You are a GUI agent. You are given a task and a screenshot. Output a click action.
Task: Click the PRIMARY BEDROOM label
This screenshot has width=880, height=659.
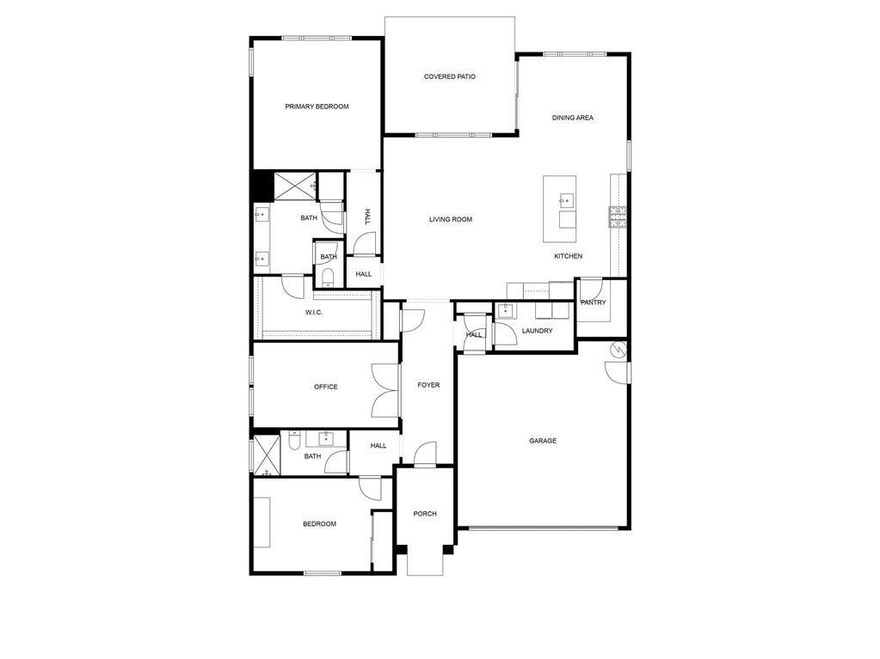317,107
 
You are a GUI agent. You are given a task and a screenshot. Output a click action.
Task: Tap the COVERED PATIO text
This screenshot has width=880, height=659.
450,76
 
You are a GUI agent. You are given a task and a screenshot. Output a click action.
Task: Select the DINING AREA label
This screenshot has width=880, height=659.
572,118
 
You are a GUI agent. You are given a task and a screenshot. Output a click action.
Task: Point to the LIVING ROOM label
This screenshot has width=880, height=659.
451,220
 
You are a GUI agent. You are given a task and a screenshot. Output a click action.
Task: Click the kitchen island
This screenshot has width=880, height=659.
559,209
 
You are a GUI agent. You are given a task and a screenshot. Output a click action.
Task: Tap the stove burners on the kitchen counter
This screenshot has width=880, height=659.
618,217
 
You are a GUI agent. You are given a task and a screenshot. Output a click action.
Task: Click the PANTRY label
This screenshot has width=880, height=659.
594,302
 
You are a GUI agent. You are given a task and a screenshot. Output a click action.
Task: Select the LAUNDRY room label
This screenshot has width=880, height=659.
537,331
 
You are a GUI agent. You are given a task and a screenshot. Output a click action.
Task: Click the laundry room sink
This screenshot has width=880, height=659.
506,310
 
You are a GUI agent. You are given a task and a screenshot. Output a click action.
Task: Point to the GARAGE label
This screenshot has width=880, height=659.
543,441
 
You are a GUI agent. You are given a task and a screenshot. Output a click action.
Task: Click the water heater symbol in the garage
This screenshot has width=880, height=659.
619,349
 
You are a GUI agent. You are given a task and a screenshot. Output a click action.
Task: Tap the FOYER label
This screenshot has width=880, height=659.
428,386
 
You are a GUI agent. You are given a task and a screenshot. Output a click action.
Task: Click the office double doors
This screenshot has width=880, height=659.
385,390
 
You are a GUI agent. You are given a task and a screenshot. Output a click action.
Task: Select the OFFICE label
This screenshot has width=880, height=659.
325,387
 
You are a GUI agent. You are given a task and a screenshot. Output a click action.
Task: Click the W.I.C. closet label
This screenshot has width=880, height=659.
314,313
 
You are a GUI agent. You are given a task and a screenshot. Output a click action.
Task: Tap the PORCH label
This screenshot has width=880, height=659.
425,514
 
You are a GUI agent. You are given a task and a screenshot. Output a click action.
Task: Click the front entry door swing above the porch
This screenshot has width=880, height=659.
425,454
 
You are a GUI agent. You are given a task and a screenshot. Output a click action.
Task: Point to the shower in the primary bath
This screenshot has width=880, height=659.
295,186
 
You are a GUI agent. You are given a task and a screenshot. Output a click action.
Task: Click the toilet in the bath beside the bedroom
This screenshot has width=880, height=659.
294,441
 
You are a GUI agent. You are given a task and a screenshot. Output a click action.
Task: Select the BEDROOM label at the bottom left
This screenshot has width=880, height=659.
319,524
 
